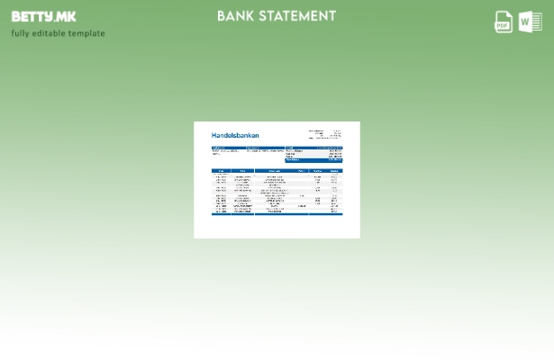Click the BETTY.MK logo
coord(43,16)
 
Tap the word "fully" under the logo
coord(20,33)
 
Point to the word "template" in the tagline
coord(86,33)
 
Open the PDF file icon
coord(504,22)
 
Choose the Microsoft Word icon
coord(531,22)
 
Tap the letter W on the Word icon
coord(526,22)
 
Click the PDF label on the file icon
coord(503,26)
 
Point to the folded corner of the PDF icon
coord(510,13)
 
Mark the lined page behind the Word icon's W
coord(537,22)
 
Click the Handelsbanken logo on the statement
coord(235,136)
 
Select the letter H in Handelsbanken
coord(213,136)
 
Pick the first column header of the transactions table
coord(221,170)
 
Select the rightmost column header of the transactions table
coord(334,170)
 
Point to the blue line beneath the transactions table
coord(277,214)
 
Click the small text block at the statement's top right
coord(326,134)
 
